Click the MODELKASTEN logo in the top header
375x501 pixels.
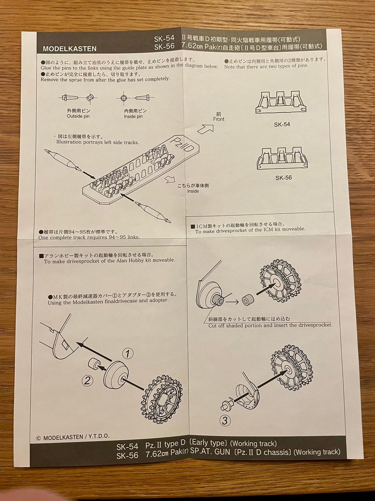pos(70,49)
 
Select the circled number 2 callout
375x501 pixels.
pos(87,380)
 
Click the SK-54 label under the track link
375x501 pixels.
pos(282,124)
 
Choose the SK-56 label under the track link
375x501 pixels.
pos(284,178)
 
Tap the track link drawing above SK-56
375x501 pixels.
pos(282,159)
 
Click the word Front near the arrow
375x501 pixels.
pos(219,119)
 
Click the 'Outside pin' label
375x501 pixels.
pos(78,116)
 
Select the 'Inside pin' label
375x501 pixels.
pos(133,117)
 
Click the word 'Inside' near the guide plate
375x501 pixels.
pos(193,191)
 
